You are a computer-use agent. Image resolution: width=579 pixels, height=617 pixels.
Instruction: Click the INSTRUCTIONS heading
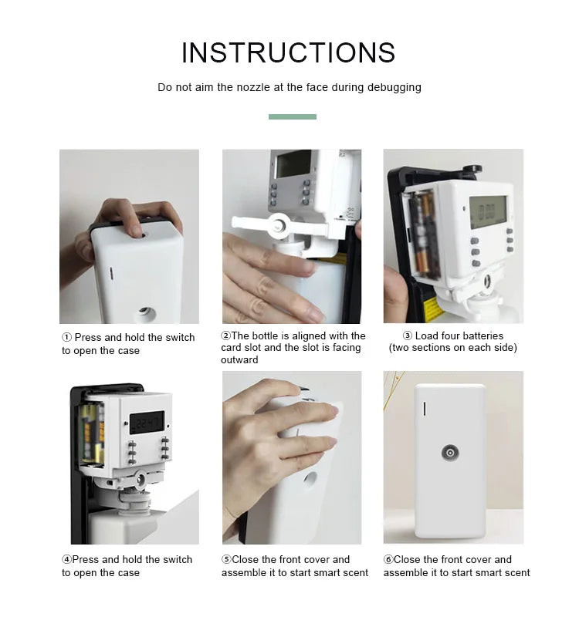point(289,52)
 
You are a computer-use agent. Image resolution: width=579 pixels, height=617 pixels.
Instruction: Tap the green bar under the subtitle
point(293,117)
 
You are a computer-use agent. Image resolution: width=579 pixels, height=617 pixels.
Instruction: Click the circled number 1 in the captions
point(66,338)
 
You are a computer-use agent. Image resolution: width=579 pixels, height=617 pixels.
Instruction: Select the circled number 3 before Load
point(408,335)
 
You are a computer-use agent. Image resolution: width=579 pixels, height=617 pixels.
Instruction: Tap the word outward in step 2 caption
point(239,360)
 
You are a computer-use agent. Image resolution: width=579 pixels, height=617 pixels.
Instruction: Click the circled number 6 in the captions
point(388,560)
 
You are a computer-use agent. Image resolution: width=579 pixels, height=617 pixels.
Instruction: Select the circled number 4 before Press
point(66,560)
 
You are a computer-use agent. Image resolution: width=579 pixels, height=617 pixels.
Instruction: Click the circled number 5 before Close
point(226,560)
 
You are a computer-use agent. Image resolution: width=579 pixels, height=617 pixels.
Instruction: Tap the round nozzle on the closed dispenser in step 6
point(450,453)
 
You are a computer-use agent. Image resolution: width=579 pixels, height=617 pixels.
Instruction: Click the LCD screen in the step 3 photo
point(488,212)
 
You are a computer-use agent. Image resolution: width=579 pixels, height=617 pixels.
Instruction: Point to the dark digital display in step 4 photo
point(147,423)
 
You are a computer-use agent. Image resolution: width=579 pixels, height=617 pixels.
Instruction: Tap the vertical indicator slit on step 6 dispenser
point(424,409)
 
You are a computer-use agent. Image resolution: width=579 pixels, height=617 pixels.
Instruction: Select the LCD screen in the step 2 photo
point(294,164)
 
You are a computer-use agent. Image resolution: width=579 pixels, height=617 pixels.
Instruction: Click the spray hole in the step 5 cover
point(310,480)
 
